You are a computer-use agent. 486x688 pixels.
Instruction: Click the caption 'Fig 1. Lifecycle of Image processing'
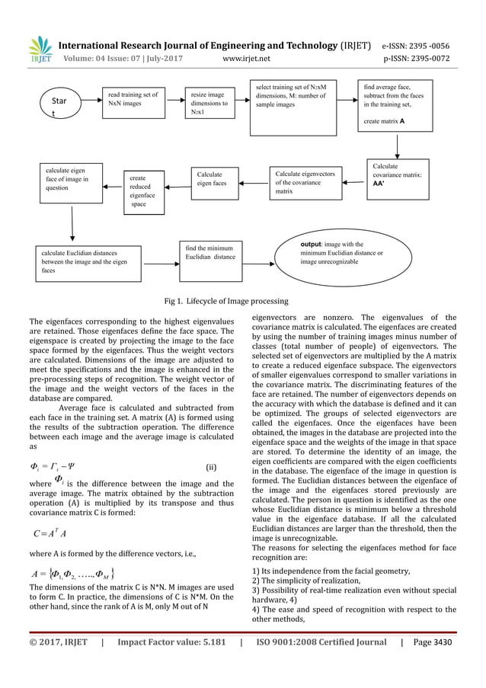[242, 301]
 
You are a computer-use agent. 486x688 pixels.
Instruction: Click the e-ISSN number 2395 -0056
[442, 43]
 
